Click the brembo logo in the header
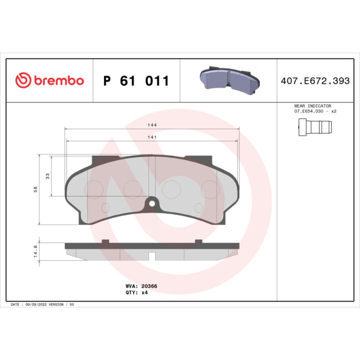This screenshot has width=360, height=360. click(49, 81)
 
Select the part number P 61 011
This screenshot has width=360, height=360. click(136, 81)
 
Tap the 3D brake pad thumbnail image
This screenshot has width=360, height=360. click(229, 80)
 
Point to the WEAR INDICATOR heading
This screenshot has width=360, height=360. click(312, 105)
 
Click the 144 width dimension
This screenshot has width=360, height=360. click(152, 126)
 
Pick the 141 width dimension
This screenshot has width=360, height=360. click(152, 137)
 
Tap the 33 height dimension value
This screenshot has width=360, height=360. click(48, 176)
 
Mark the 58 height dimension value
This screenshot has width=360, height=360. click(35, 189)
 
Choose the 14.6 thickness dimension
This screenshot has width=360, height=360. click(35, 252)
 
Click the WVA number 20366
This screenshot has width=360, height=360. click(149, 286)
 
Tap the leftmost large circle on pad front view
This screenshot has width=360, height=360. click(92, 189)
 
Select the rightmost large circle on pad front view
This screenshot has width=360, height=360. click(209, 189)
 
